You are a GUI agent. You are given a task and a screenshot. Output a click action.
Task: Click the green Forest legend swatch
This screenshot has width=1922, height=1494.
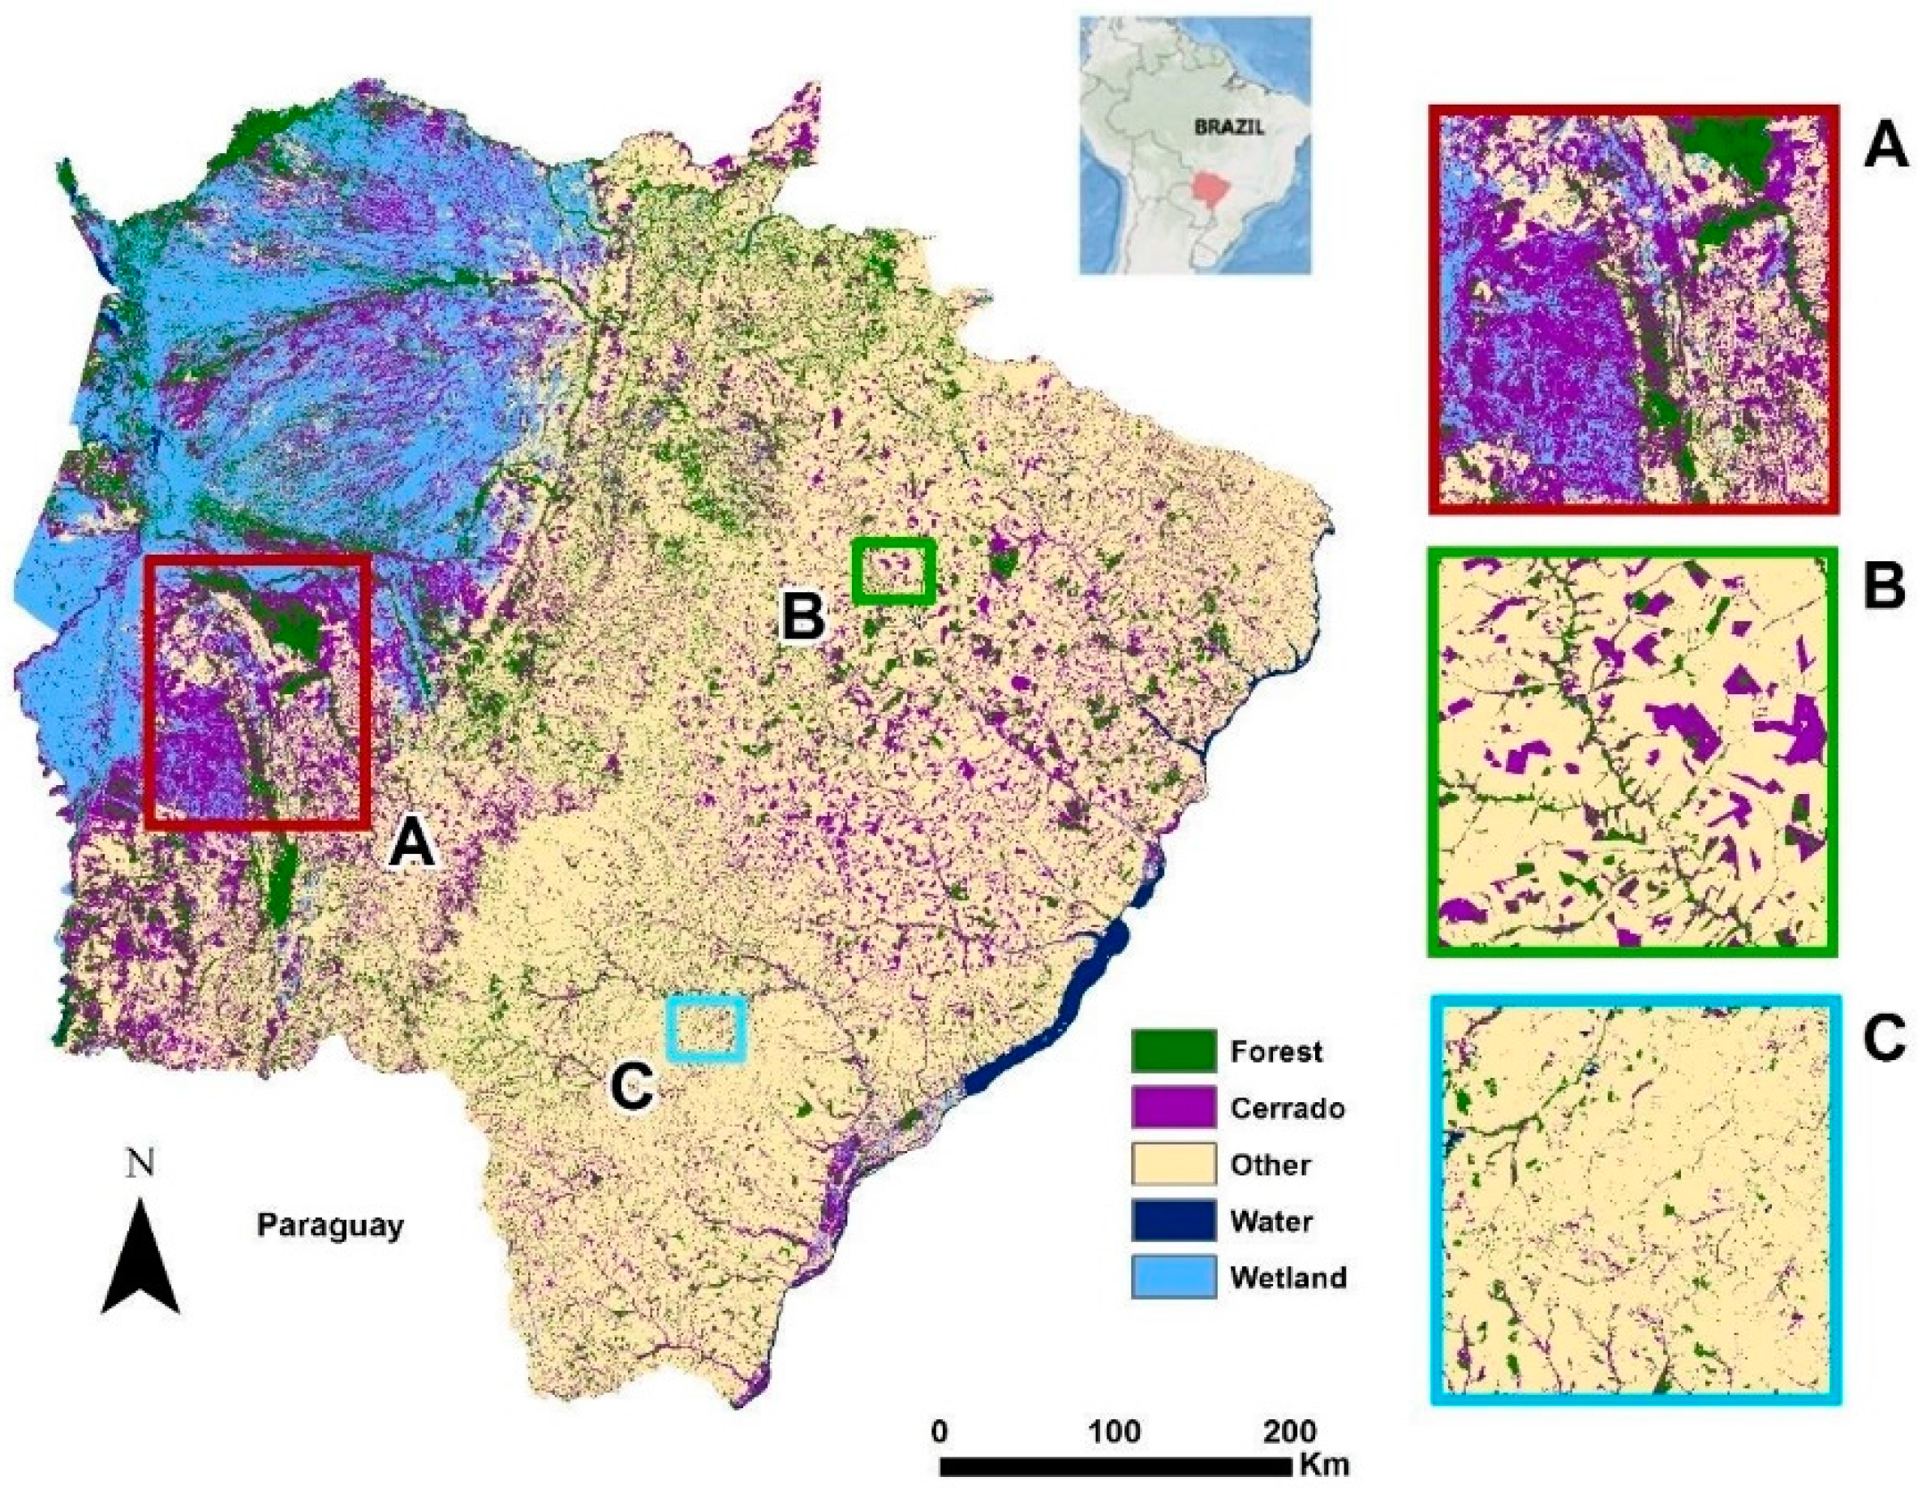pyautogui.click(x=1174, y=1050)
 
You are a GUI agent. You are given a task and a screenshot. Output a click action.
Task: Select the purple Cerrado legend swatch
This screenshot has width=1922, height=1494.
pyautogui.click(x=1174, y=1108)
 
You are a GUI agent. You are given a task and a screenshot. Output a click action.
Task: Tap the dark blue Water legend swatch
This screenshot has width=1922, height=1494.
pyautogui.click(x=1174, y=1221)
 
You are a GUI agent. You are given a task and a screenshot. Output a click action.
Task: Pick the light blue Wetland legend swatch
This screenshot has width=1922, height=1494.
pyautogui.click(x=1174, y=1277)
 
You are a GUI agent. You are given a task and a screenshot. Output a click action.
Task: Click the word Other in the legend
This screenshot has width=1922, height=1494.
pyautogui.click(x=1270, y=1165)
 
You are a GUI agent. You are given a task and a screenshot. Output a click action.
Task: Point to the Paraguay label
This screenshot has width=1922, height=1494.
pyautogui.click(x=330, y=1225)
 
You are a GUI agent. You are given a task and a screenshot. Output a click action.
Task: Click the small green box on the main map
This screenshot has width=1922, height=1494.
pyautogui.click(x=893, y=572)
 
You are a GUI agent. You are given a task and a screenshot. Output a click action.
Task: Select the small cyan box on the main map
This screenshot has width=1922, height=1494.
pyautogui.click(x=707, y=1028)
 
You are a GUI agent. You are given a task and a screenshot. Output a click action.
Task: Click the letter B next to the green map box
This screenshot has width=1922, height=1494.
pyautogui.click(x=803, y=615)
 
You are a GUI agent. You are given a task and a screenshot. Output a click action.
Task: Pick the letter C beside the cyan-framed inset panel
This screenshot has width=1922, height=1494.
pyautogui.click(x=1883, y=1040)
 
